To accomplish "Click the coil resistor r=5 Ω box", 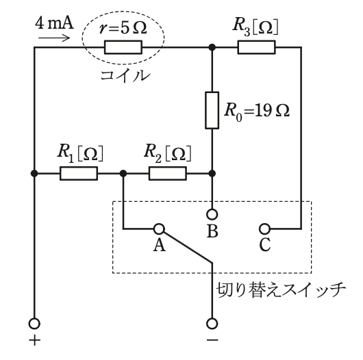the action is pyautogui.click(x=123, y=47).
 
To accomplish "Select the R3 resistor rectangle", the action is pyautogui.click(x=257, y=47).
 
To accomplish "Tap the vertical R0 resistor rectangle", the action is pyautogui.click(x=212, y=110).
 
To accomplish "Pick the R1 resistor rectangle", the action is pyautogui.click(x=79, y=173).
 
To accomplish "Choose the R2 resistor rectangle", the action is pyautogui.click(x=168, y=173).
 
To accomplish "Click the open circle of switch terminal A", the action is pyautogui.click(x=159, y=229).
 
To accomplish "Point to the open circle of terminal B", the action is pyautogui.click(x=212, y=214).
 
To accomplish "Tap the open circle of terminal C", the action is pyautogui.click(x=264, y=229).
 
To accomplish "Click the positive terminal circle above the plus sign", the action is pyautogui.click(x=34, y=324).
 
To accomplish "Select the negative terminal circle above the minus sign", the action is pyautogui.click(x=212, y=324).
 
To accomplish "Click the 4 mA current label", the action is pyautogui.click(x=54, y=23).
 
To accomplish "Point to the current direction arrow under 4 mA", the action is pyautogui.click(x=54, y=38).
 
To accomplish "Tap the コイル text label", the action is pyautogui.click(x=125, y=76).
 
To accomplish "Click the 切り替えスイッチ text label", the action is pyautogui.click(x=281, y=290).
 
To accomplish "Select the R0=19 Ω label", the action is pyautogui.click(x=257, y=112).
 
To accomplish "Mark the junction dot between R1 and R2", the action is pyautogui.click(x=123, y=173).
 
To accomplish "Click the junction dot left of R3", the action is pyautogui.click(x=212, y=47).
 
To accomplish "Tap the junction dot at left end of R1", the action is pyautogui.click(x=34, y=173).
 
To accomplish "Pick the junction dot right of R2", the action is pyautogui.click(x=212, y=173).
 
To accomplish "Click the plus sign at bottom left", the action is pyautogui.click(x=35, y=340).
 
